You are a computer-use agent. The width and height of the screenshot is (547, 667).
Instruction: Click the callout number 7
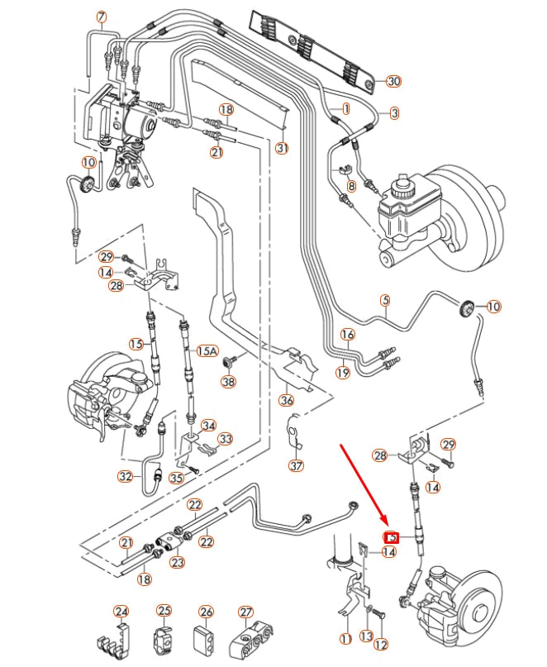click(102, 17)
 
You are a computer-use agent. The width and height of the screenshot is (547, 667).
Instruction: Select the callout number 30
click(393, 81)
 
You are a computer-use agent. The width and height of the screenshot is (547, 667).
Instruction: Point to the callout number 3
click(394, 112)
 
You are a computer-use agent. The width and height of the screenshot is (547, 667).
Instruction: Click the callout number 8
click(351, 187)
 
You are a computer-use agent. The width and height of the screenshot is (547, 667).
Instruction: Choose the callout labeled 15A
click(206, 351)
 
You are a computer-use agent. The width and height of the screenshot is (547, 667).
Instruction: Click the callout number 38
click(228, 381)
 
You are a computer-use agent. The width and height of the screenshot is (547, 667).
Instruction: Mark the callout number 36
click(287, 401)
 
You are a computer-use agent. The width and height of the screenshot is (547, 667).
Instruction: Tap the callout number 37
click(297, 465)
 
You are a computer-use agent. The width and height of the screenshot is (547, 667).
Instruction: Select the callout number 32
click(125, 476)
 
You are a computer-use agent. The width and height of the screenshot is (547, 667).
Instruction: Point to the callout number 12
click(380, 644)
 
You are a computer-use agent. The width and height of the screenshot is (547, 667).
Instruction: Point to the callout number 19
click(343, 373)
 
